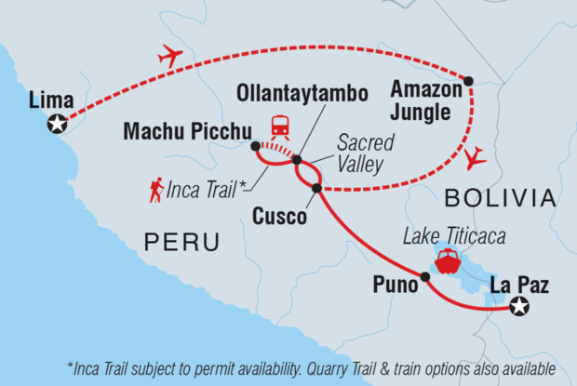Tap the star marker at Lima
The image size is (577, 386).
click(x=59, y=123)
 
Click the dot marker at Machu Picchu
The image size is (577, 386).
click(x=255, y=146)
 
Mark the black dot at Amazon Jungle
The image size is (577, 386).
click(x=469, y=80)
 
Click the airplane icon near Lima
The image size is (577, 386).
click(x=170, y=58)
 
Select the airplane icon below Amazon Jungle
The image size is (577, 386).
click(x=476, y=157)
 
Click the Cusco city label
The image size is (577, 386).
click(x=278, y=218)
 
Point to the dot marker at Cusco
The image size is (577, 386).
click(x=316, y=188)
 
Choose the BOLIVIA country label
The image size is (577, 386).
click(x=500, y=197)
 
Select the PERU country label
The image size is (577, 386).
click(x=181, y=243)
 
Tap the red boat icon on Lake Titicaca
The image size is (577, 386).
click(x=448, y=260)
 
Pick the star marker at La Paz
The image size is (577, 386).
click(x=519, y=306)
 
